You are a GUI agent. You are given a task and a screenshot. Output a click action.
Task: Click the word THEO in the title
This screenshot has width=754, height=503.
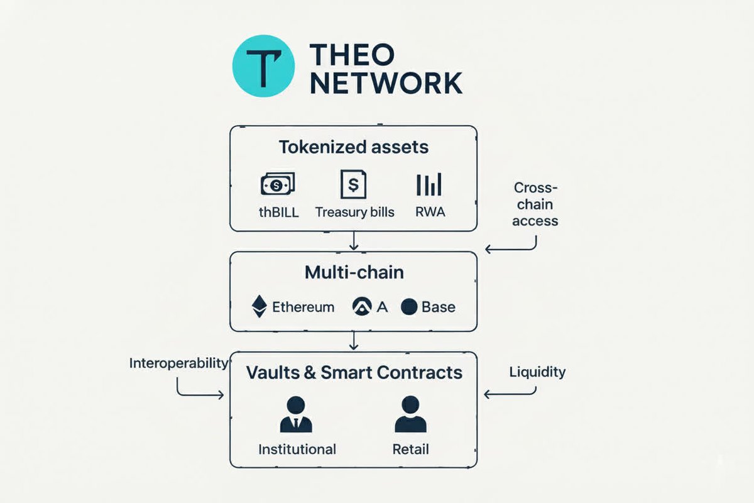pyautogui.click(x=352, y=54)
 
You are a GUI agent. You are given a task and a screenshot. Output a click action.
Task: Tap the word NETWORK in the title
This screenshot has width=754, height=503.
pyautogui.click(x=386, y=82)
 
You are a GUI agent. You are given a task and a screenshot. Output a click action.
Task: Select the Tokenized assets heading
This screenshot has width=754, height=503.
pyautogui.click(x=353, y=147)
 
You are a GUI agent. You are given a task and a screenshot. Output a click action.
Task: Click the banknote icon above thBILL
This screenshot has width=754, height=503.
pyautogui.click(x=278, y=184)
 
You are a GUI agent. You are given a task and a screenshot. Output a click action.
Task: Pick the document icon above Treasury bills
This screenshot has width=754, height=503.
pyautogui.click(x=352, y=184)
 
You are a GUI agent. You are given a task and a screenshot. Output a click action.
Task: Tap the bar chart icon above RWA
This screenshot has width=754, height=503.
pyautogui.click(x=429, y=184)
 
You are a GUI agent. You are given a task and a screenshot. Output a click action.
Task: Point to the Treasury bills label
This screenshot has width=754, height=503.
pyautogui.click(x=354, y=212)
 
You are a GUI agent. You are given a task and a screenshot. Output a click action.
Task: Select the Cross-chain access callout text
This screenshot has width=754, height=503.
pyautogui.click(x=535, y=204)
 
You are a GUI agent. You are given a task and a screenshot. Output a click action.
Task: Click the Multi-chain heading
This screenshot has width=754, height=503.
pyautogui.click(x=354, y=273)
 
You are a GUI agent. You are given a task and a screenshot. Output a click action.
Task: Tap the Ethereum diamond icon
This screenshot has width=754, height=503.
pyautogui.click(x=259, y=307)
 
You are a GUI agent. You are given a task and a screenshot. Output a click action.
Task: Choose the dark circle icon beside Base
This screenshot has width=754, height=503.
pyautogui.click(x=409, y=307)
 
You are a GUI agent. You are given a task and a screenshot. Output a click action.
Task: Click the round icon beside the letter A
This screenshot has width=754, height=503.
pyautogui.click(x=362, y=307)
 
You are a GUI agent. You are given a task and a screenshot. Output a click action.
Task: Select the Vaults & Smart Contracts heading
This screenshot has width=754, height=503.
pyautogui.click(x=354, y=372)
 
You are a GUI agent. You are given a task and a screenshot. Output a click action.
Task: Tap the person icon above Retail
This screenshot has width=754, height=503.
pyautogui.click(x=410, y=415)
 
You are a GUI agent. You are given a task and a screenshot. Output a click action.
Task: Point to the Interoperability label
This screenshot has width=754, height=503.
pyautogui.click(x=178, y=363)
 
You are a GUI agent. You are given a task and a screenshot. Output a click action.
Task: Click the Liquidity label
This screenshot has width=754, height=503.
pyautogui.click(x=537, y=372)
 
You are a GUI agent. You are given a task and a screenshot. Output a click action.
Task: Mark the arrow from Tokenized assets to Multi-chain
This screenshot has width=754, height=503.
pyautogui.click(x=354, y=241)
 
